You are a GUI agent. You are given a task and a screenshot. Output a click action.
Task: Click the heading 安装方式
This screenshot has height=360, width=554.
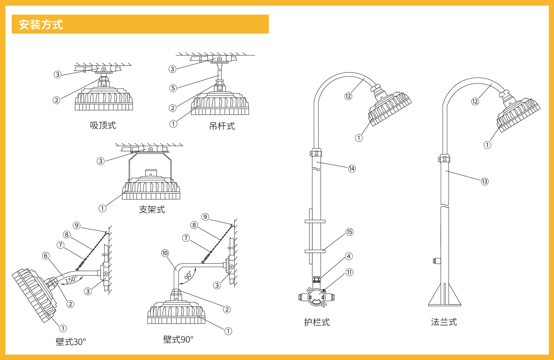click(x=41, y=25)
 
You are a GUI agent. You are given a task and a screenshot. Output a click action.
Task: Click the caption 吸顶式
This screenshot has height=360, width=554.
click(x=103, y=125)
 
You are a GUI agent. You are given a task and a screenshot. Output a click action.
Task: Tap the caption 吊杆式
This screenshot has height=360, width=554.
click(x=222, y=126)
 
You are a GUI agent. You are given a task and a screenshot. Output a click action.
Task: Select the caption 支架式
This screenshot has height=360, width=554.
click(x=152, y=209)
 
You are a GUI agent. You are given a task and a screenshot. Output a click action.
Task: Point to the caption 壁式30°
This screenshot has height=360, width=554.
click(x=71, y=342)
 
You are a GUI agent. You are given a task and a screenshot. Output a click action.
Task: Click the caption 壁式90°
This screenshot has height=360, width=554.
click(x=178, y=339)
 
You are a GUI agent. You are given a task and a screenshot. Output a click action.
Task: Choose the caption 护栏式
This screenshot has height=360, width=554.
click(x=317, y=322)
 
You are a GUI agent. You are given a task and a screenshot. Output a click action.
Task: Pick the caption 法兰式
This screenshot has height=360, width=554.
click(x=444, y=322)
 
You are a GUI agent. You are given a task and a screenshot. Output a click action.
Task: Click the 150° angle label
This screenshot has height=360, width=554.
click(x=71, y=280)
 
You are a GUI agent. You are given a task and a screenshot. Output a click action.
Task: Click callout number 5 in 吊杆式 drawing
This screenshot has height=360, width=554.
click(x=173, y=88)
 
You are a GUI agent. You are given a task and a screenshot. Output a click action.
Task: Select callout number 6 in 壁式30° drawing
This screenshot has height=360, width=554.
click(x=46, y=256)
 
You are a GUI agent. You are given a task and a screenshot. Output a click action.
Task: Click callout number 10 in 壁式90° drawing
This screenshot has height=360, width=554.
click(x=165, y=253)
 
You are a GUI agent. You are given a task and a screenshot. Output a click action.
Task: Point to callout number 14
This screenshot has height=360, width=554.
click(x=352, y=169)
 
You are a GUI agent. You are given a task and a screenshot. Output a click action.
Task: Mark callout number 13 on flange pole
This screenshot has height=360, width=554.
click(x=484, y=181)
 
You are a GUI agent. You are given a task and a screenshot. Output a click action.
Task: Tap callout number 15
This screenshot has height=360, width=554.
click(x=349, y=232)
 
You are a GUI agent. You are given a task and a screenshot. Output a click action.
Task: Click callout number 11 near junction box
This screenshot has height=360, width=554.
click(x=349, y=272)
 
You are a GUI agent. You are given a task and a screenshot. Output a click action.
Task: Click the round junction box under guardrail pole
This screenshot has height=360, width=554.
click(x=316, y=297)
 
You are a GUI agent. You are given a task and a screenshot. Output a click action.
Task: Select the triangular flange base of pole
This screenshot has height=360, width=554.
click(x=444, y=296)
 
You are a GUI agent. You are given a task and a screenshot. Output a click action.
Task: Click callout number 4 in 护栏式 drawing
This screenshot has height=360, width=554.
click(x=349, y=256)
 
